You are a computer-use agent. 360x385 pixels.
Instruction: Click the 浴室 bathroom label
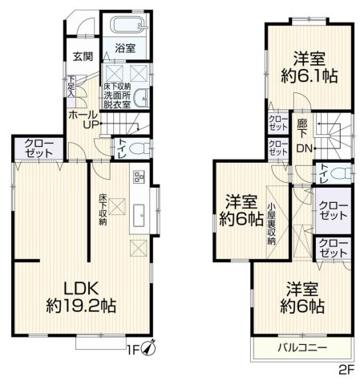tap(124, 48)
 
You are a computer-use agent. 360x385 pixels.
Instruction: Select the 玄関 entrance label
tap(82, 56)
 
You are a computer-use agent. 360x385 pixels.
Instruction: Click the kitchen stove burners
tap(138, 176)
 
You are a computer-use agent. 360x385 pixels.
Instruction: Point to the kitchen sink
tap(138, 213)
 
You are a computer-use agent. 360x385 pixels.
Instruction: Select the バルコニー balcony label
tap(298, 348)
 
